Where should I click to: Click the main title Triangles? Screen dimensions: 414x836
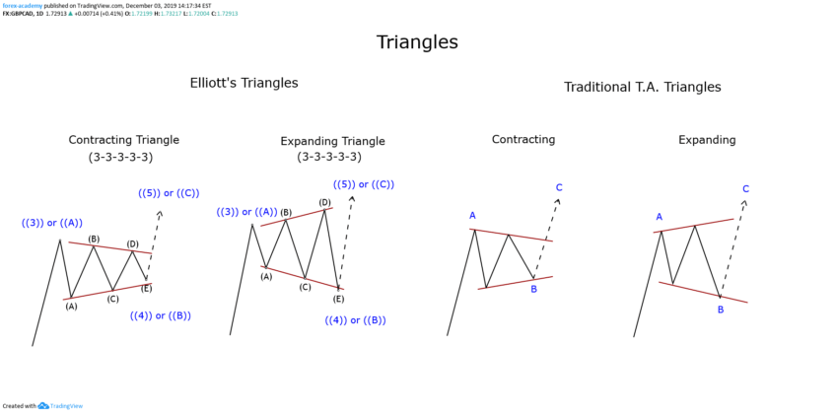point(417,42)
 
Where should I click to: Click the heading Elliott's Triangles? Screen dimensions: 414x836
point(244,83)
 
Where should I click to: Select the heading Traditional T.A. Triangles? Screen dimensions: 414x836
point(642,87)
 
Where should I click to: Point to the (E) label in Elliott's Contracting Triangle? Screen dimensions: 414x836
point(147,288)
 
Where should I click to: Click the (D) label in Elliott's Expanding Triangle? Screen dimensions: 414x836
point(324,202)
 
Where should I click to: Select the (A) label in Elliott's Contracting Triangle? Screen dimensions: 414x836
point(71,307)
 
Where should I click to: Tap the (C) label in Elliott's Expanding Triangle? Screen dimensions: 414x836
point(305,287)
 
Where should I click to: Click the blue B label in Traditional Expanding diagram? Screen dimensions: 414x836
point(721,310)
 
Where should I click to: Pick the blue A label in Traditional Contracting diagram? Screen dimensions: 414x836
point(472,215)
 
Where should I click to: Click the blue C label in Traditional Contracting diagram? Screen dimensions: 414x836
point(559,187)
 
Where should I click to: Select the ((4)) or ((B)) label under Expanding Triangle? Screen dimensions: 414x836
point(355,320)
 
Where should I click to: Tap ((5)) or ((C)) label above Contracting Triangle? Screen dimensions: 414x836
point(169,193)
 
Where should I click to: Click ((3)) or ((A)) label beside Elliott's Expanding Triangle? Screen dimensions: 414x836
point(246,212)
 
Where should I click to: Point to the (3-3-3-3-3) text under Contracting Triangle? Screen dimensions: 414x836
point(120,157)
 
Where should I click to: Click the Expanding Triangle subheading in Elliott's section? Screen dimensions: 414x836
point(332,141)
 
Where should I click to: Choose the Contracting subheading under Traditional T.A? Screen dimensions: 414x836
point(523,140)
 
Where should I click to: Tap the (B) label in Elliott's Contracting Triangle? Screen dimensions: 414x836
point(94,239)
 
